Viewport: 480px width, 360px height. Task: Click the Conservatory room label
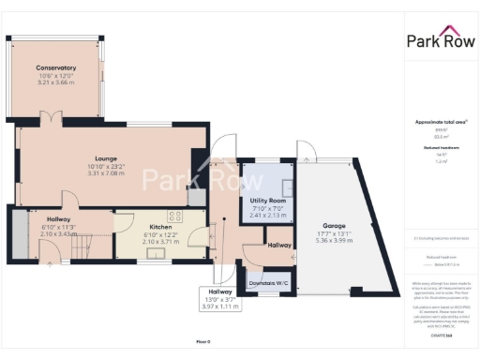(x=56, y=68)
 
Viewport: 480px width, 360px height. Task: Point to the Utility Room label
(x=267, y=202)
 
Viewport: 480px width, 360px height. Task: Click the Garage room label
(x=334, y=226)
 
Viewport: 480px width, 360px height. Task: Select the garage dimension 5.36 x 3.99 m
(x=334, y=241)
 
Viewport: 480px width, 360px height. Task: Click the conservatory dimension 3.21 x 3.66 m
(x=56, y=83)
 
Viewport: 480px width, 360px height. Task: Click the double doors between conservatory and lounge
(x=52, y=119)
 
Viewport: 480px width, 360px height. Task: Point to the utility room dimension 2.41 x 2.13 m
(x=267, y=216)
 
